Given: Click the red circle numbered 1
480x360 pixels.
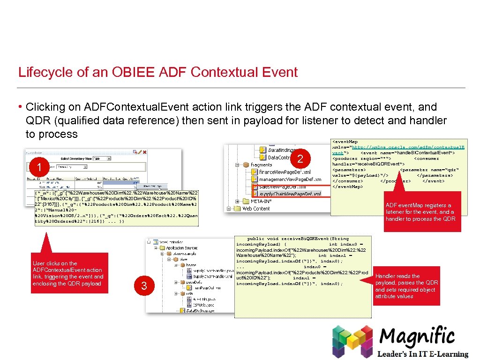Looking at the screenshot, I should click(x=39, y=167).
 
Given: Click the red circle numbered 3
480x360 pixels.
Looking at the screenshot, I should click(x=144, y=285).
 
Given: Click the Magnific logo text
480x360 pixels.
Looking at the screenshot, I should click(x=417, y=336).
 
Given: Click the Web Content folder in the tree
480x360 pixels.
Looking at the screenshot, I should click(x=256, y=209).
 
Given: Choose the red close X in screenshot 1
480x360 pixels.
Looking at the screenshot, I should click(x=145, y=152).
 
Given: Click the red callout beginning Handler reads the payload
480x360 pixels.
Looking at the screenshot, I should click(x=406, y=286).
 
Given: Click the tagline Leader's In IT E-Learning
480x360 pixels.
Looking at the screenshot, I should click(x=424, y=354).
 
